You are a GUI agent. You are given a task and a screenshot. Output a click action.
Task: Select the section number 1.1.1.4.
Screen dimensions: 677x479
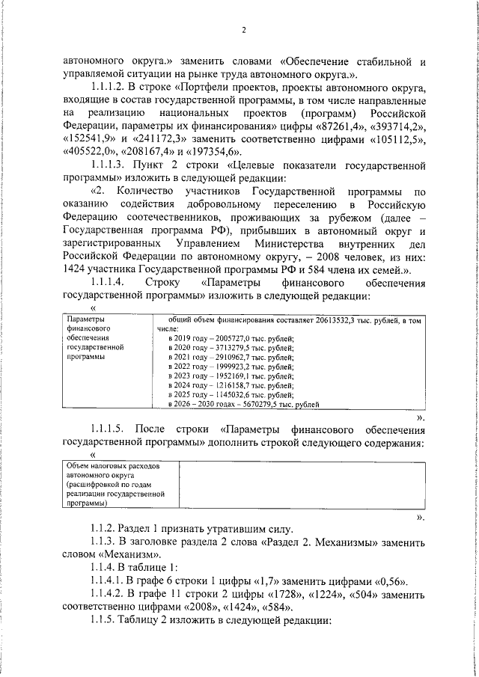coord(111,284)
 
